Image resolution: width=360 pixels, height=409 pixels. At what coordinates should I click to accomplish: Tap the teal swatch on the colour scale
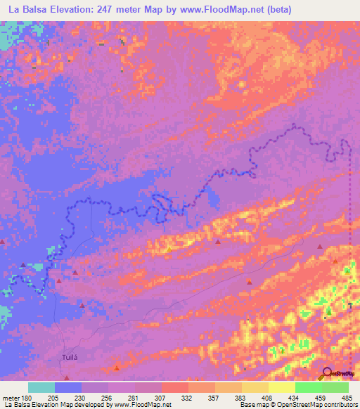(41, 387)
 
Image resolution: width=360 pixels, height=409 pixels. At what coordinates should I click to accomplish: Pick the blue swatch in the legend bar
(68, 387)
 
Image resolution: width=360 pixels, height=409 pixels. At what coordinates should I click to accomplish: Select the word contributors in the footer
(340, 405)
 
